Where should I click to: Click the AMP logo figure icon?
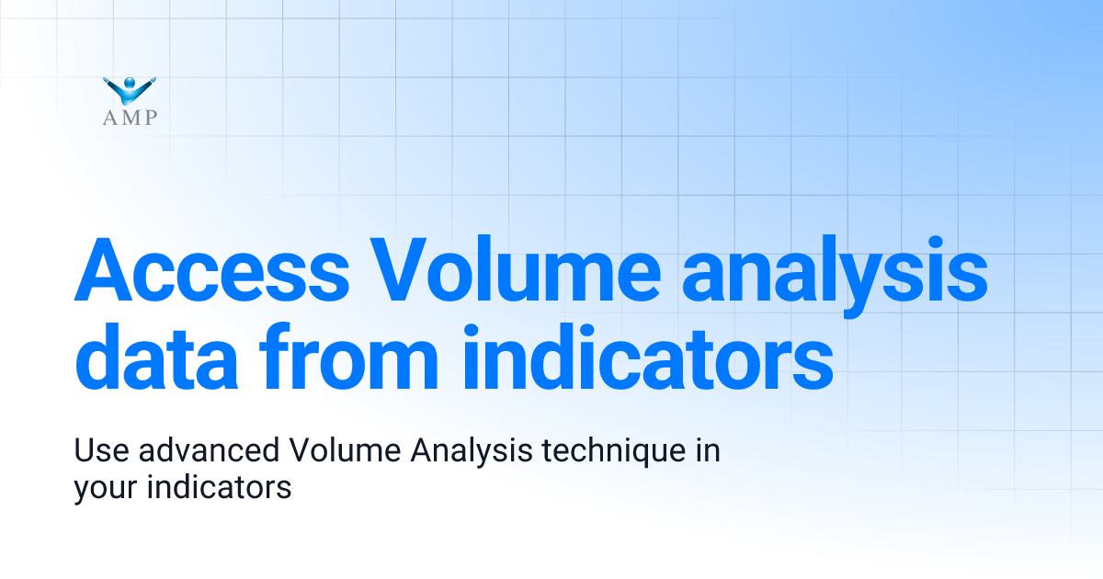coord(130,90)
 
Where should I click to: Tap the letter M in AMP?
coord(130,117)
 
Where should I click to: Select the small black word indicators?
coord(219,488)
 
